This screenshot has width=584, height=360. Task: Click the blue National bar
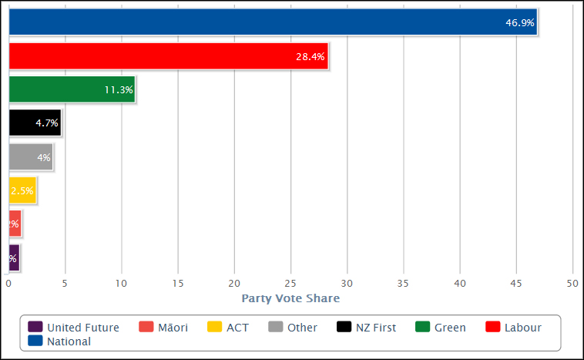point(270,22)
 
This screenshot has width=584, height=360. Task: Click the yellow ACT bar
point(22,190)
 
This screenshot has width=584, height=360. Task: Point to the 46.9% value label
point(519,23)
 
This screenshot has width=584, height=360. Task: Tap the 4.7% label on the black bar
point(46,123)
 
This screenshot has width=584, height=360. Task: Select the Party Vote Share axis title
point(290,298)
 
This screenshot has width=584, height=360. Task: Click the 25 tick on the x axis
point(290,283)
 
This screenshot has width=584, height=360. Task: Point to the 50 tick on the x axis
point(572,283)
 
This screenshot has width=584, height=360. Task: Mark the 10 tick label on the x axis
point(122,283)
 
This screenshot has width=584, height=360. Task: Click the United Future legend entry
point(74,328)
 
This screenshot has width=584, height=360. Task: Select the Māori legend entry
point(163,328)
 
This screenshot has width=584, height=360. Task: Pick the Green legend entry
point(441,328)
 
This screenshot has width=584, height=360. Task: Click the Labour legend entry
point(514,328)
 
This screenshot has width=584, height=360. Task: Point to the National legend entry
point(60,341)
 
